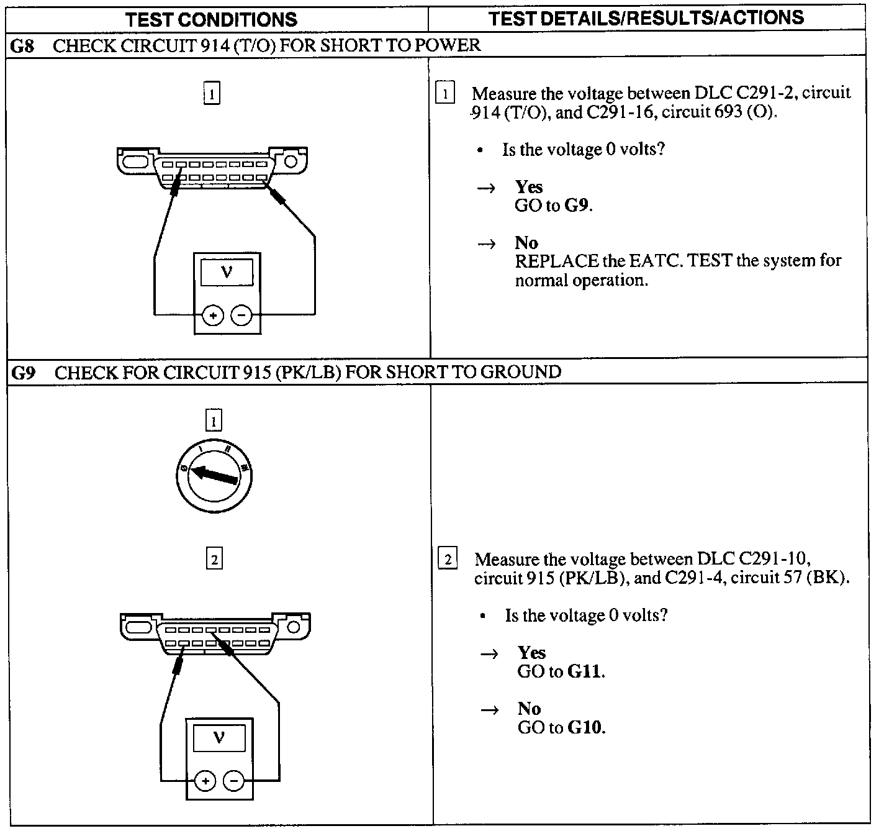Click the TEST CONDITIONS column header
pyautogui.click(x=212, y=19)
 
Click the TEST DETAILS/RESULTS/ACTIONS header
pyautogui.click(x=646, y=17)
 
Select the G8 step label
pyautogui.click(x=22, y=45)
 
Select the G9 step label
pyautogui.click(x=24, y=373)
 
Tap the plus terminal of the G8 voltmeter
pyautogui.click(x=213, y=316)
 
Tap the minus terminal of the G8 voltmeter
pyautogui.click(x=241, y=316)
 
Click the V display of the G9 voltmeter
pyautogui.click(x=219, y=739)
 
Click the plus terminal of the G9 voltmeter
pyautogui.click(x=205, y=781)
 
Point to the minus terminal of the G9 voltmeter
pyautogui.click(x=234, y=781)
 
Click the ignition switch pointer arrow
pyautogui.click(x=214, y=475)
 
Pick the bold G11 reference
pyautogui.click(x=585, y=671)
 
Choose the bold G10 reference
pyautogui.click(x=585, y=727)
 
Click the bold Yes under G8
pyautogui.click(x=528, y=187)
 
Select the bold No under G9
pyautogui.click(x=529, y=709)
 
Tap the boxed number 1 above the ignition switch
pyautogui.click(x=213, y=422)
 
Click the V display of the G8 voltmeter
pyautogui.click(x=227, y=273)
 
